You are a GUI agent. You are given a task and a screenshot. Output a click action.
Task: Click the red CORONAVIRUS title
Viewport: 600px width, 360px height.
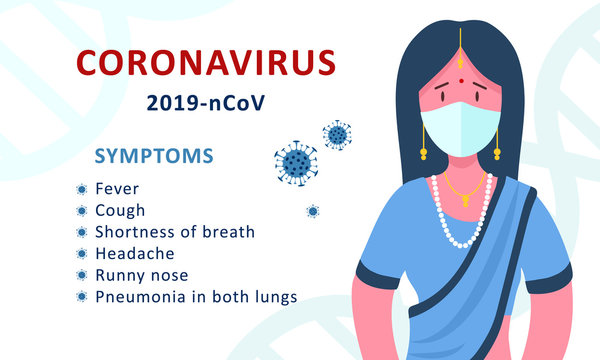click(x=207, y=63)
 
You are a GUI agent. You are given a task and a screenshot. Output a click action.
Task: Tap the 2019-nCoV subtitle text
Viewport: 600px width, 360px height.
click(x=206, y=102)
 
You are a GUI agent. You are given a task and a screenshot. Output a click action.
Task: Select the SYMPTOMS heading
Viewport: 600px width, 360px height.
click(x=153, y=157)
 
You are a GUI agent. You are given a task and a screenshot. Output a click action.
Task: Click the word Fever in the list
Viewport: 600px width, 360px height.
click(x=117, y=188)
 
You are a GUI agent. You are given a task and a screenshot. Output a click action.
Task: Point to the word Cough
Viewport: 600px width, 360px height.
click(x=120, y=210)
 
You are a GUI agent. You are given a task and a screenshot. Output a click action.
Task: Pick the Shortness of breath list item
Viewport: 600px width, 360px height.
click(x=175, y=232)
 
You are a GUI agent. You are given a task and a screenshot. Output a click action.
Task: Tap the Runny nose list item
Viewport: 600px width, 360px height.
click(x=141, y=275)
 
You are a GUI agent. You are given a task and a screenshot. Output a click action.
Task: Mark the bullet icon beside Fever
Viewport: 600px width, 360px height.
click(x=81, y=189)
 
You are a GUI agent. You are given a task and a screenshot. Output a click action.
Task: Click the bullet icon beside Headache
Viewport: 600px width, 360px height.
click(x=81, y=254)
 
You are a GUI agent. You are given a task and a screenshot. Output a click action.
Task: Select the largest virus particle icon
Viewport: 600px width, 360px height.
click(x=295, y=161)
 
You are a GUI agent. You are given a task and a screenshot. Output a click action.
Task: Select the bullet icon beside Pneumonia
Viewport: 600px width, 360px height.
click(x=81, y=297)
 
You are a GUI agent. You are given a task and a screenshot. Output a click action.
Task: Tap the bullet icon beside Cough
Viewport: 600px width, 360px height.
click(x=81, y=211)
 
